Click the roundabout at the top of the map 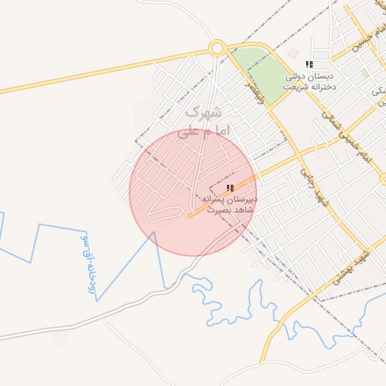[x=217, y=48]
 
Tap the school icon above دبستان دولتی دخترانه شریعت [x=308, y=66]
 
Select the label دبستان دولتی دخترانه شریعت [x=308, y=81]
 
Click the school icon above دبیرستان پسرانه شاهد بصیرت [x=230, y=187]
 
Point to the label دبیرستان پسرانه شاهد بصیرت [x=229, y=204]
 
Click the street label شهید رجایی [x=310, y=182]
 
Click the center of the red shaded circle [x=193, y=192]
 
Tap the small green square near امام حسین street [x=365, y=74]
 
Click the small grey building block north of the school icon [x=292, y=54]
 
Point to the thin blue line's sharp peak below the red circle [x=155, y=233]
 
